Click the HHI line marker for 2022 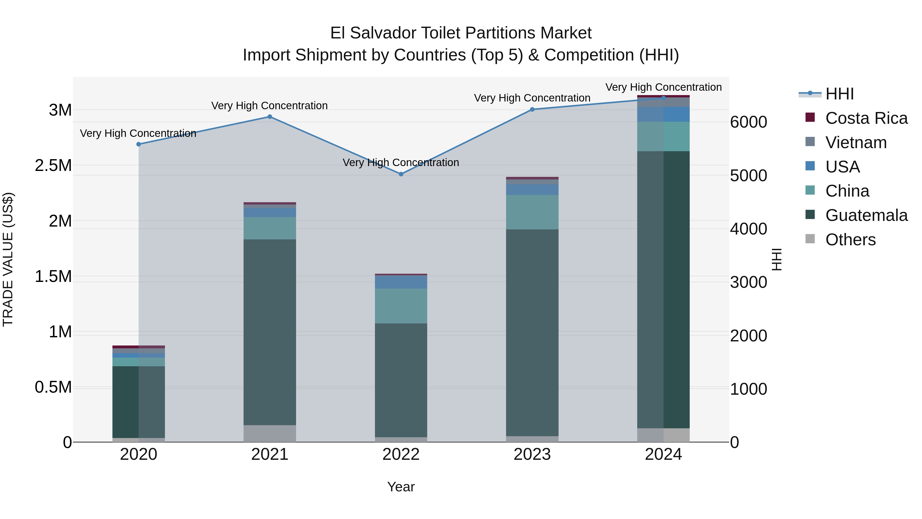coord(401,174)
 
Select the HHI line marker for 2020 coord(139,144)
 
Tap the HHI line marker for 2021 coord(270,117)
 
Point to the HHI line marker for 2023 coord(532,110)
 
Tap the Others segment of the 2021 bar coord(270,433)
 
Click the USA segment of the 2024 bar coord(663,114)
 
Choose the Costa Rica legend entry coord(866,118)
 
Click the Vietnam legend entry coord(856,143)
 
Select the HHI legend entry coord(839,94)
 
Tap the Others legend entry coord(850,240)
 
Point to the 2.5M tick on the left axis coord(53,166)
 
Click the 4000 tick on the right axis coord(748,229)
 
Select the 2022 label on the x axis coord(401,454)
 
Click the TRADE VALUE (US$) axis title coord(8,259)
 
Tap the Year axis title coord(401,487)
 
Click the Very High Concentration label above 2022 coord(401,162)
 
